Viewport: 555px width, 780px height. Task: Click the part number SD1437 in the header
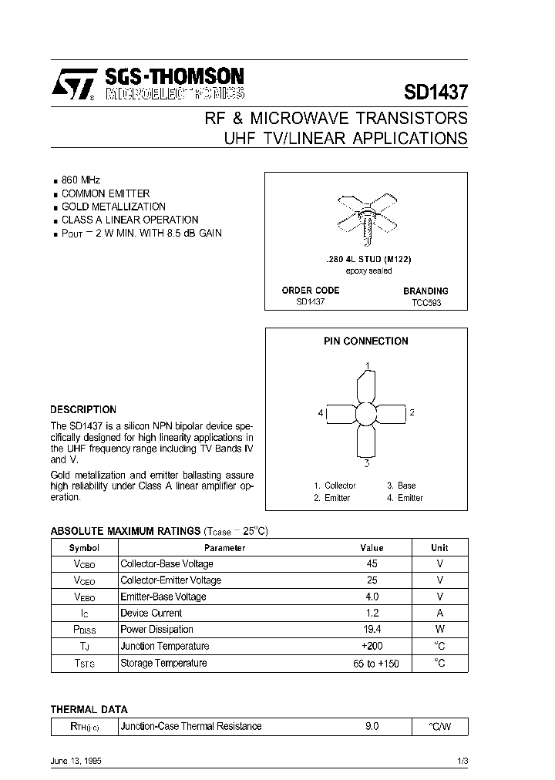pyautogui.click(x=436, y=91)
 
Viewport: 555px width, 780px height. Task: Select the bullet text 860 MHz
pyautogui.click(x=81, y=180)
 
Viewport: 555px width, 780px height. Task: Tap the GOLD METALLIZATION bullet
pyautogui.click(x=113, y=207)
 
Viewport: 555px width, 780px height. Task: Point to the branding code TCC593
pyautogui.click(x=426, y=304)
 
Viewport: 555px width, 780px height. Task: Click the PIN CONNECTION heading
pyautogui.click(x=366, y=341)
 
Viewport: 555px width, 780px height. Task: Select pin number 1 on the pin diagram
pyautogui.click(x=368, y=365)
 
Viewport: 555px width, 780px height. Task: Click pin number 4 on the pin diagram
pyautogui.click(x=320, y=413)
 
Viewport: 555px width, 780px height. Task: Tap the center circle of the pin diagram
pyautogui.click(x=365, y=414)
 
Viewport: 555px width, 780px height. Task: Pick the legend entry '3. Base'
pyautogui.click(x=401, y=486)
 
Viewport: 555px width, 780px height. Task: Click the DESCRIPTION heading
pyautogui.click(x=83, y=410)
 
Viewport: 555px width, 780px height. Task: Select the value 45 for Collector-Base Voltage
pyautogui.click(x=372, y=563)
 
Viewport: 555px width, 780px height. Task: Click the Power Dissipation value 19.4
pyautogui.click(x=372, y=630)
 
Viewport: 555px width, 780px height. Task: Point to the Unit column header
pyautogui.click(x=439, y=548)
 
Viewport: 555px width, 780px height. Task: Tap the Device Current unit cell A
pyautogui.click(x=439, y=613)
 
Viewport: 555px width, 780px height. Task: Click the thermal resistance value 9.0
pyautogui.click(x=372, y=726)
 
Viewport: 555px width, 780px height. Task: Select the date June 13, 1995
pyautogui.click(x=76, y=760)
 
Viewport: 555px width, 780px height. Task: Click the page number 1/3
pyautogui.click(x=462, y=761)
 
